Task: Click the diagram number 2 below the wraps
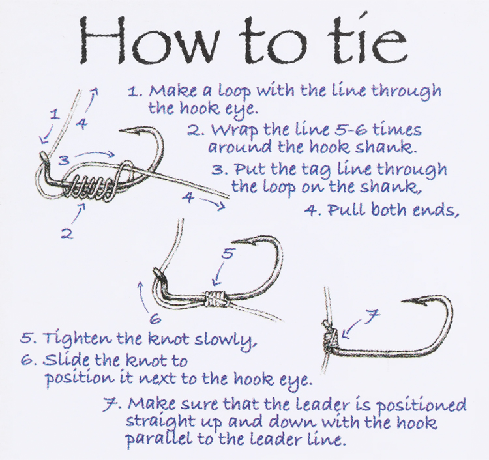coord(67,234)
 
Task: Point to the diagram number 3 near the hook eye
coord(64,160)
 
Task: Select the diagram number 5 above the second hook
coord(228,254)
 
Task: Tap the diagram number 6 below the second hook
coord(155,319)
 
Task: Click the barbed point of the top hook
coord(123,130)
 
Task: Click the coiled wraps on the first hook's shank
coord(89,187)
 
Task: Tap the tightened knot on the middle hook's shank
coord(213,297)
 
